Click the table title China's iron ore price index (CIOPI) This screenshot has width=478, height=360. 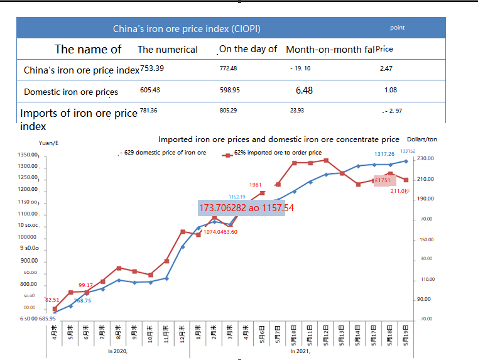tap(187, 28)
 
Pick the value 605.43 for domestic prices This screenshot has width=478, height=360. tap(150, 90)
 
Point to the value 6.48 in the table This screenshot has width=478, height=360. tap(304, 90)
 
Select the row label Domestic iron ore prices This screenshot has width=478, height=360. tap(71, 92)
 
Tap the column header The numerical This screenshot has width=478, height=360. tap(168, 50)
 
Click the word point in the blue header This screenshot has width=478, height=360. tap(397, 28)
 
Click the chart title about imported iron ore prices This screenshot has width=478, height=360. tap(279, 139)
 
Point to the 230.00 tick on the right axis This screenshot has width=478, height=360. tap(425, 158)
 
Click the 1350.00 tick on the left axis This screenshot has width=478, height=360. tap(29, 155)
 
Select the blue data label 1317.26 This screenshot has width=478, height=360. tap(384, 154)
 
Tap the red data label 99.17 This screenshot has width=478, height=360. tap(86, 285)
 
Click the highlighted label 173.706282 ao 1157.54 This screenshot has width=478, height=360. tap(246, 207)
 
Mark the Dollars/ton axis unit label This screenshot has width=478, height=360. tap(422, 139)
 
